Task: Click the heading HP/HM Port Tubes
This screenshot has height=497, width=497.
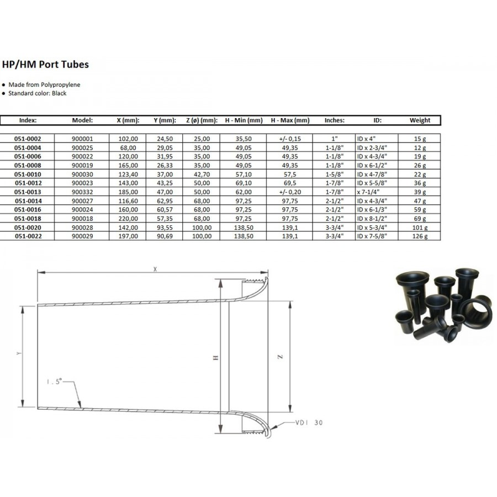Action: [45, 65]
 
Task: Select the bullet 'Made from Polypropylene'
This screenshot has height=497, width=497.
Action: [44, 84]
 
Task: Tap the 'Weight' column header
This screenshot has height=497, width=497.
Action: [420, 120]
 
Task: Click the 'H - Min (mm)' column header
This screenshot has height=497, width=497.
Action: [244, 120]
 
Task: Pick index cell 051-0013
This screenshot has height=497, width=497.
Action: [28, 192]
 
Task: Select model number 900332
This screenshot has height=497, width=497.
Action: [82, 192]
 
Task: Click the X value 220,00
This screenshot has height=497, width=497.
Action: [128, 218]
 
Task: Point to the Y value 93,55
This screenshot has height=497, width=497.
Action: [165, 228]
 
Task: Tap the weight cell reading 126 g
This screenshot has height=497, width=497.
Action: [420, 236]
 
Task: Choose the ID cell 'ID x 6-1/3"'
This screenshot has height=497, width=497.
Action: [372, 209]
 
